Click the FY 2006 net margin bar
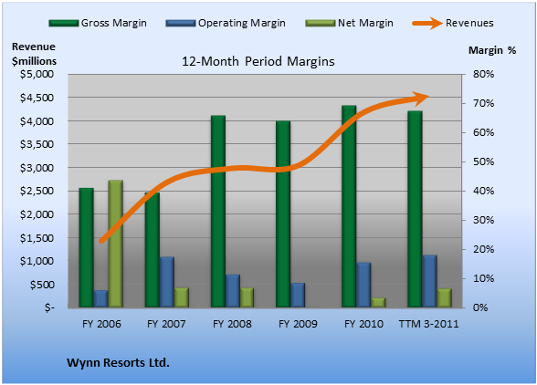115,244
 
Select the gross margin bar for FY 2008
218,211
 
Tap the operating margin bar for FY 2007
167,282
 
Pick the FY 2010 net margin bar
378,303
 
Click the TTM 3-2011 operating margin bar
429,281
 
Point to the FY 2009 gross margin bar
283,213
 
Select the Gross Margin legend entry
98,23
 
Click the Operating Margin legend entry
226,23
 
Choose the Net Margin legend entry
349,23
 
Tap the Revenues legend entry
453,23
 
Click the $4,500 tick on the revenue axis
37,98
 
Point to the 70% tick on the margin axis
484,103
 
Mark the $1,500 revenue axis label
37,238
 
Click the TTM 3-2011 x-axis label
429,324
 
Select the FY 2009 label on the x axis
298,324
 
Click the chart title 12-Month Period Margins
258,62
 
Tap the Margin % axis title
492,50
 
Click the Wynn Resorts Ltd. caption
118,362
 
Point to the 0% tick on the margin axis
480,307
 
